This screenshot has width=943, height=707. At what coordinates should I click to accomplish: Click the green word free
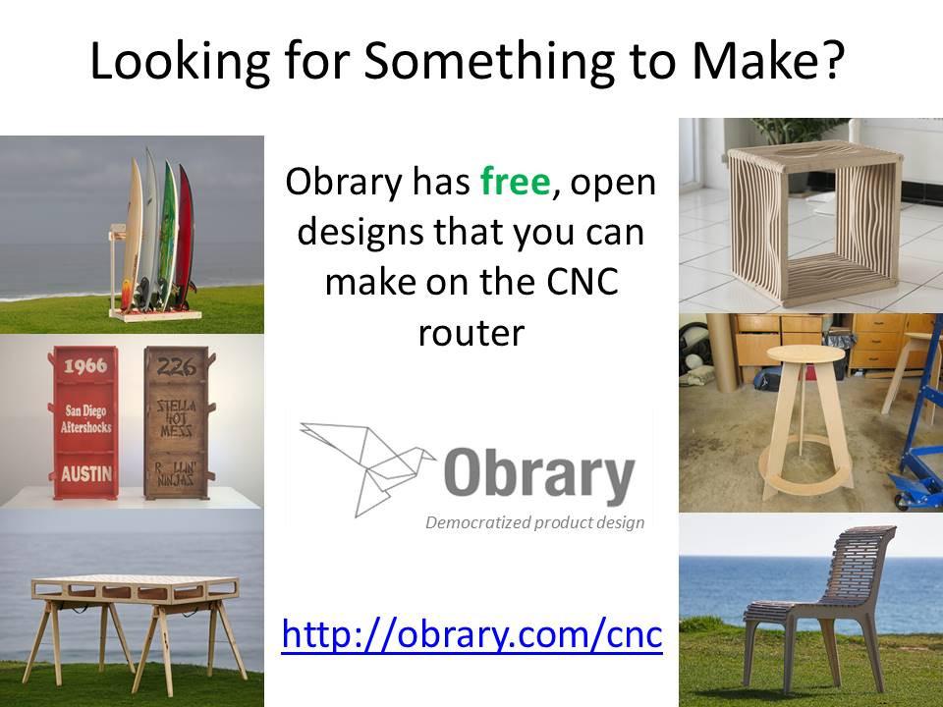516,182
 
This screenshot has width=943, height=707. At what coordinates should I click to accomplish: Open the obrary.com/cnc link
472,635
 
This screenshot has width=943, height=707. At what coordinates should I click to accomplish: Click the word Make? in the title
768,61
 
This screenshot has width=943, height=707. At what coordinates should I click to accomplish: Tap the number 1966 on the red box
85,365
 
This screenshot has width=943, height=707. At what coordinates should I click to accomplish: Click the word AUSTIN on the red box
86,473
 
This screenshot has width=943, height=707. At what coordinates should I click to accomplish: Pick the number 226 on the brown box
177,365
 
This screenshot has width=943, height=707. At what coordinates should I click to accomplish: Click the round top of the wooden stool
805,353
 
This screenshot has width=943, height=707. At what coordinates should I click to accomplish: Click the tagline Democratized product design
534,522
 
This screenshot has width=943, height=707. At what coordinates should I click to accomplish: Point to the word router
471,333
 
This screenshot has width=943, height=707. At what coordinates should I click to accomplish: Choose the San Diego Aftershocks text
86,418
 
